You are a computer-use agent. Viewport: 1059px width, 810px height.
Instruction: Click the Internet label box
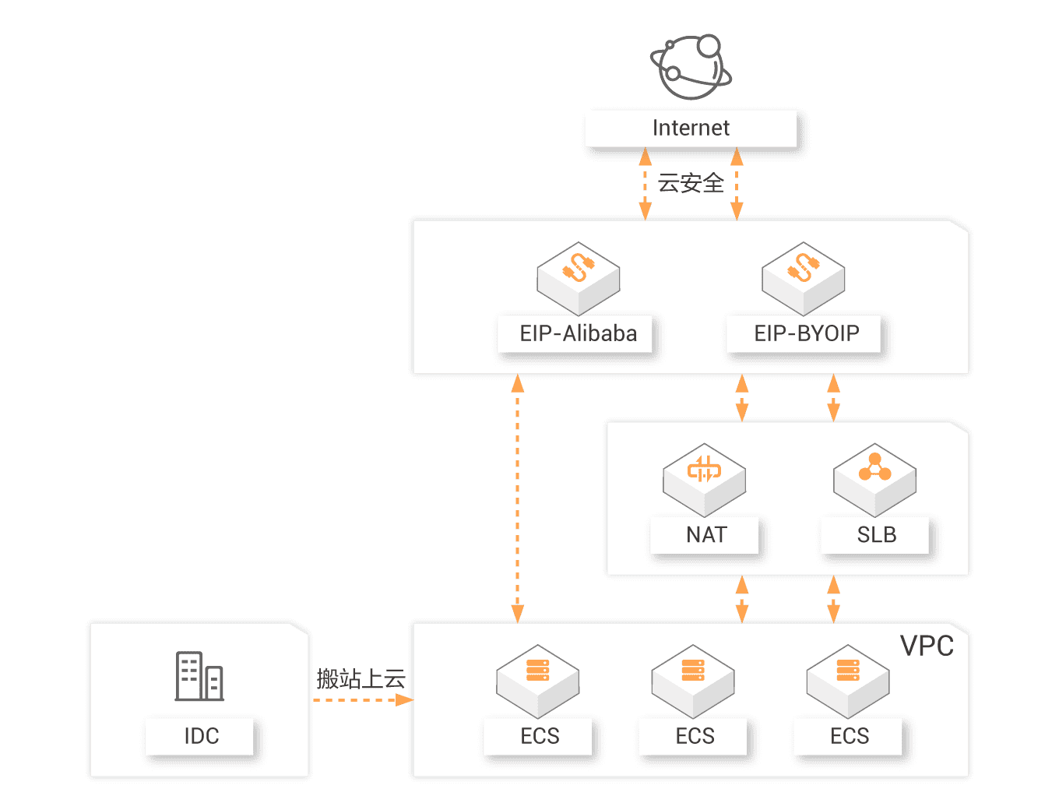click(691, 129)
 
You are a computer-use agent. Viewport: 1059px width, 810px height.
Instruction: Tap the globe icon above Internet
click(691, 67)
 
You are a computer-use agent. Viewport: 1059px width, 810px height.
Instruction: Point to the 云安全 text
click(691, 183)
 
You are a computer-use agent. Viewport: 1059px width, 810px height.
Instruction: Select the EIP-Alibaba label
click(578, 333)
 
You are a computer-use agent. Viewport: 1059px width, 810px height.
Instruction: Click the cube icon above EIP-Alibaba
click(578, 276)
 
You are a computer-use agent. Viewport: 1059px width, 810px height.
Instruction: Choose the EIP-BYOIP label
click(806, 333)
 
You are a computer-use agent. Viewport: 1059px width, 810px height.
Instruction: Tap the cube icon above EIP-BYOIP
click(804, 276)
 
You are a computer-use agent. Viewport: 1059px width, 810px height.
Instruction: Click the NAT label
click(705, 535)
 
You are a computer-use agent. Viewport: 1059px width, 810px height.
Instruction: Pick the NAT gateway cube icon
click(704, 477)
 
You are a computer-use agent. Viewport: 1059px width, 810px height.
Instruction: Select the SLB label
click(876, 535)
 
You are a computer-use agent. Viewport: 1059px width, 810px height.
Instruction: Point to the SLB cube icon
click(874, 477)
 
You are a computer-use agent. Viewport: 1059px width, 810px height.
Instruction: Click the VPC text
click(927, 646)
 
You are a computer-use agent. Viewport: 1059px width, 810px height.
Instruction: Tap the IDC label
click(201, 736)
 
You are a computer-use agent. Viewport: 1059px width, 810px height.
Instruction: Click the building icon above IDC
click(199, 676)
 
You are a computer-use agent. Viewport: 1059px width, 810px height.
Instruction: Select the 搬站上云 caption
click(361, 678)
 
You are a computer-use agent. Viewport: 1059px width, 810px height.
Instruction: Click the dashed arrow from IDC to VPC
click(362, 700)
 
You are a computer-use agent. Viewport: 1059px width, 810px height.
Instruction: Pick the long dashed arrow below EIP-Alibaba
click(517, 498)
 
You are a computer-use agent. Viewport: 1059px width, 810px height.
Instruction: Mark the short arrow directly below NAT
click(742, 599)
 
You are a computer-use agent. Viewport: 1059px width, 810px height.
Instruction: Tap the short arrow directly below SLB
click(833, 599)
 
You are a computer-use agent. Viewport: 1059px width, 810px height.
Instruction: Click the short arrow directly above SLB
click(833, 398)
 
